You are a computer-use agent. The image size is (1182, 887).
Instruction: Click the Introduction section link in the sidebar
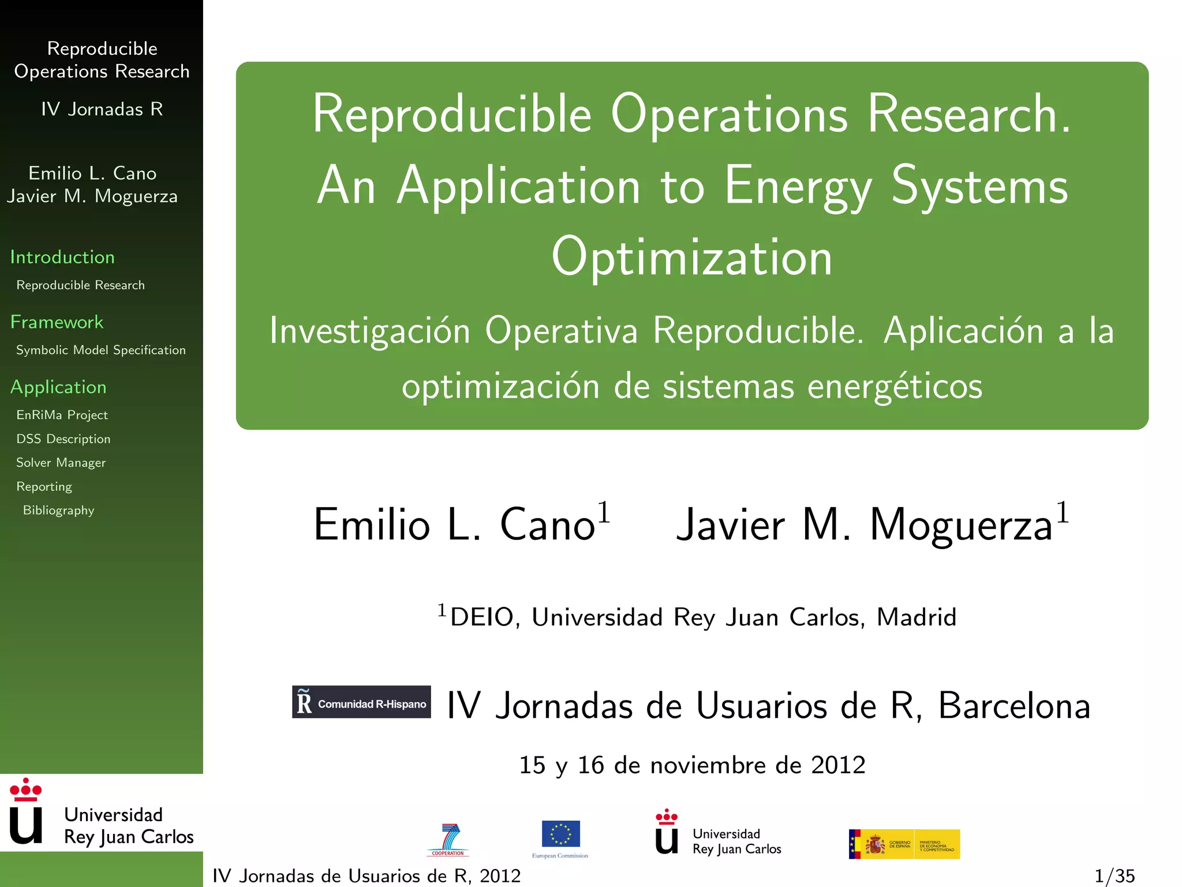62,257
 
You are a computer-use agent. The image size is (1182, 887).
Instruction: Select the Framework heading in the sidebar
57,322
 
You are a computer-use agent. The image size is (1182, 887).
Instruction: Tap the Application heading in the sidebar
58,387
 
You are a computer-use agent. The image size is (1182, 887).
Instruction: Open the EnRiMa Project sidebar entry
62,415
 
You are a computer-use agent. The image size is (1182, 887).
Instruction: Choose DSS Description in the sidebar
63,439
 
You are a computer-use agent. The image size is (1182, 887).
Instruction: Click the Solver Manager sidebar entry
61,463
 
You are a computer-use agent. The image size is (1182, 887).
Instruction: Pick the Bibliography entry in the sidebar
58,510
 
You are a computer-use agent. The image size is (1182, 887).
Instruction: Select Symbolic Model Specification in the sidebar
101,350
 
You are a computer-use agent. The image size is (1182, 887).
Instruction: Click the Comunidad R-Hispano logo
361,702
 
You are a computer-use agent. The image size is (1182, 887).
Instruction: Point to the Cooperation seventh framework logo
448,840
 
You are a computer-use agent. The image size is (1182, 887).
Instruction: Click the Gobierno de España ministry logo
904,844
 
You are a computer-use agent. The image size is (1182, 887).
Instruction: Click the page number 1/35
1114,875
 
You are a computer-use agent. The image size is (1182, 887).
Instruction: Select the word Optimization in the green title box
691,257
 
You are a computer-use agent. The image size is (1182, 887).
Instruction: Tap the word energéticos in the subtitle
895,386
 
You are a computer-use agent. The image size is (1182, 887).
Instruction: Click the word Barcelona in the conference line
1014,706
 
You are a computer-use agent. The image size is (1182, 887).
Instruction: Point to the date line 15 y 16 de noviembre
692,765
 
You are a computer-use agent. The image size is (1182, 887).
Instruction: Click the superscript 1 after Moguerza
1063,512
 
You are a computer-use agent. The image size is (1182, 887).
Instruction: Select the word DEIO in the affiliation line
481,617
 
